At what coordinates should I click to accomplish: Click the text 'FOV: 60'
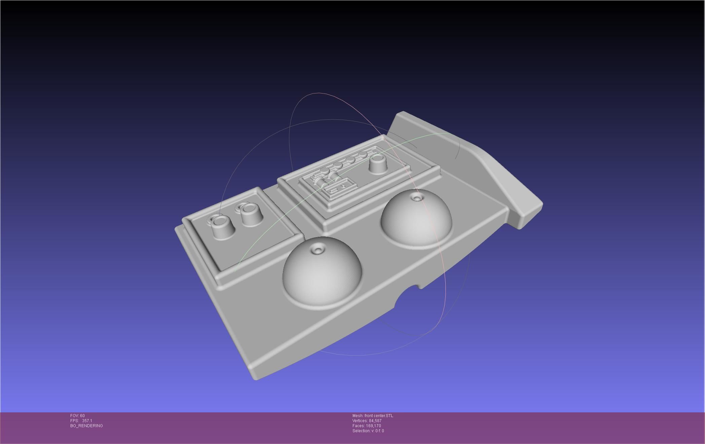[77, 416]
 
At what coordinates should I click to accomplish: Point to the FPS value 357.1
[87, 421]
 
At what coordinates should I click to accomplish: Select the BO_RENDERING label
[86, 426]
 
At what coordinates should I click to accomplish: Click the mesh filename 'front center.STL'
[378, 416]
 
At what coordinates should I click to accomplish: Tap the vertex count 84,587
[375, 421]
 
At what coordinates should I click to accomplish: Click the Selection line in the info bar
[368, 431]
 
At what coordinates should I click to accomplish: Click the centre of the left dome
[322, 272]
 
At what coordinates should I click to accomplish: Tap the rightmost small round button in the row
[363, 154]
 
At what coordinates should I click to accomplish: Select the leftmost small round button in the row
[325, 171]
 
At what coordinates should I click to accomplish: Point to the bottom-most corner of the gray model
[256, 379]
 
